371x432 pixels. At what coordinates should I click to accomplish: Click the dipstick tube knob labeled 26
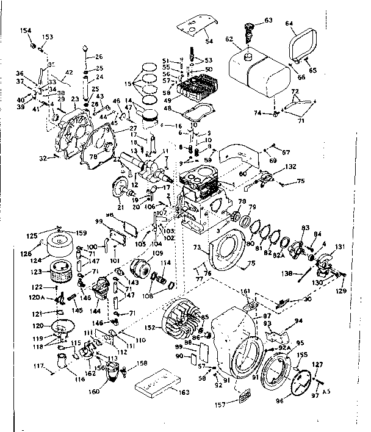[84, 47]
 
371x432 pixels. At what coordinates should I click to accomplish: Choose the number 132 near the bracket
[291, 167]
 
